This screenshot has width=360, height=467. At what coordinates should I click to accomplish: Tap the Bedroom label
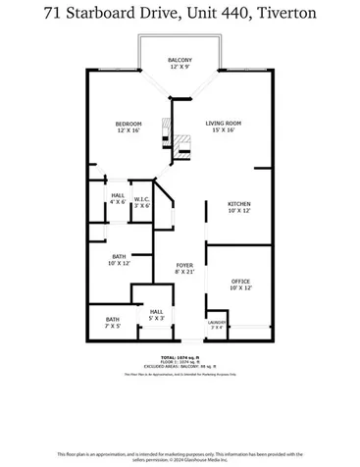[x=129, y=123]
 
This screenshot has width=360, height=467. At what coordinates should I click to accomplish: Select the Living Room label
[x=223, y=123]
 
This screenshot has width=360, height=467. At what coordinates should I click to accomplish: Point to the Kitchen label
[x=240, y=204]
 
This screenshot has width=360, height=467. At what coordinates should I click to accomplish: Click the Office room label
[x=240, y=282]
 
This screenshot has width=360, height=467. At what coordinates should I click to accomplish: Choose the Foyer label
[x=184, y=266]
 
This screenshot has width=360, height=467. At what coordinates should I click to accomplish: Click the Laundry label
[x=216, y=322]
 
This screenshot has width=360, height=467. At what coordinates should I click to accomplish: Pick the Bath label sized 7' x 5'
[x=113, y=319]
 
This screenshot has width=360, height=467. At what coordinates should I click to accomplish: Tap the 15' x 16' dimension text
[x=223, y=130]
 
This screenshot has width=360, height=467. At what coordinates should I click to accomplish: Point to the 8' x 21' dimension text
[x=184, y=272]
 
